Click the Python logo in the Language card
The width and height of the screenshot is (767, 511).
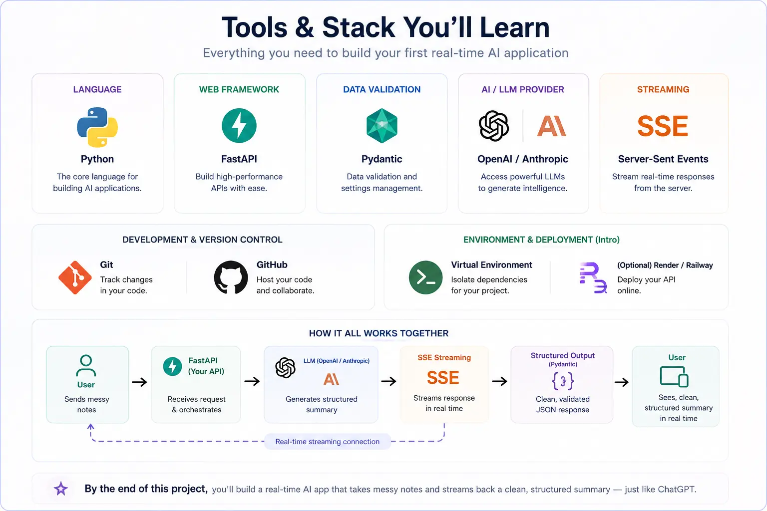click(x=97, y=127)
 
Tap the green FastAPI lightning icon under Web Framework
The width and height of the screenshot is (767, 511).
click(x=239, y=126)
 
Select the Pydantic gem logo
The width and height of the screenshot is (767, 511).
click(x=382, y=126)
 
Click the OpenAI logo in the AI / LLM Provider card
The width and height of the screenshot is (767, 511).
click(x=494, y=126)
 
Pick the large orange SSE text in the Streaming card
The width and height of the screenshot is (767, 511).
click(x=663, y=126)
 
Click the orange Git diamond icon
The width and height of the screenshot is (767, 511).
click(x=75, y=277)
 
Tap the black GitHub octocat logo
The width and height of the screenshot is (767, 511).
click(x=231, y=277)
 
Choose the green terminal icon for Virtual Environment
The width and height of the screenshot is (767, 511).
click(x=425, y=277)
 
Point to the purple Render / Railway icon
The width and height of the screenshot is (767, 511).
click(x=593, y=277)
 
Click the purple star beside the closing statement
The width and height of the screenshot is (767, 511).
click(x=61, y=489)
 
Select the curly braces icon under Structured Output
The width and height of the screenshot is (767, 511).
click(x=563, y=381)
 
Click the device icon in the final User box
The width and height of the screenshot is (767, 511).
click(x=674, y=377)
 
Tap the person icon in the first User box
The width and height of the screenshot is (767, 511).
click(x=86, y=366)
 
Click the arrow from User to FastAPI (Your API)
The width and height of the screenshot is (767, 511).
click(x=139, y=382)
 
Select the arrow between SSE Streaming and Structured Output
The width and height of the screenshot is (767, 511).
click(x=499, y=381)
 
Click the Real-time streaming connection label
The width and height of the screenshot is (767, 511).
click(x=328, y=442)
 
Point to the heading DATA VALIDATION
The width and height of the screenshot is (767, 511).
click(x=382, y=89)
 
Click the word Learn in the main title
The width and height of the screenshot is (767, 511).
click(x=515, y=27)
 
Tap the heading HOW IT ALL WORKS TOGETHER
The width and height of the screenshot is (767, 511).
click(x=379, y=333)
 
